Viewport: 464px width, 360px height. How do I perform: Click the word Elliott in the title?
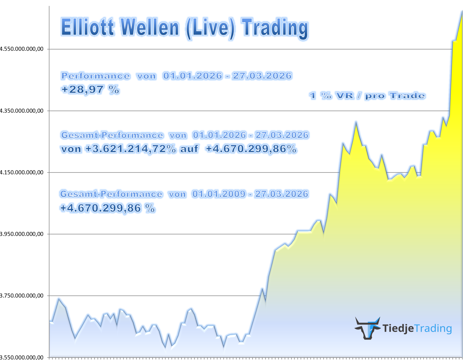click(88, 27)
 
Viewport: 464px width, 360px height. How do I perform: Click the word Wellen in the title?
click(150, 27)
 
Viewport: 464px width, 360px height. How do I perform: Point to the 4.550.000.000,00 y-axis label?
click(22, 49)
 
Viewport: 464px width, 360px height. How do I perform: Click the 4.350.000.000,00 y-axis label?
click(22, 111)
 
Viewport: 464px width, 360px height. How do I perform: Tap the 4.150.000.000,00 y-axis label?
click(22, 172)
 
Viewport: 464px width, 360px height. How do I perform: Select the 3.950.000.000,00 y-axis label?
click(22, 234)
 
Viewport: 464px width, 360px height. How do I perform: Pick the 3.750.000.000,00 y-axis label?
click(22, 295)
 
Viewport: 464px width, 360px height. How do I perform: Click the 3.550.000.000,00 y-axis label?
click(22, 357)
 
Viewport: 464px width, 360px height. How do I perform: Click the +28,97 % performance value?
click(90, 89)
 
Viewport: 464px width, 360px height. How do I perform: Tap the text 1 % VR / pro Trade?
click(367, 96)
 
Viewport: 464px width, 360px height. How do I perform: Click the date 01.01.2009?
click(219, 194)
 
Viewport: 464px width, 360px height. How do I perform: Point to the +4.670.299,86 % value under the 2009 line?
click(107, 208)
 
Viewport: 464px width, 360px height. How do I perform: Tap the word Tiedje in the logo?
click(398, 328)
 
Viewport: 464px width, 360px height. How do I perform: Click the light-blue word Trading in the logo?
click(433, 328)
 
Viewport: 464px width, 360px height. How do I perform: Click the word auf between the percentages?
click(189, 149)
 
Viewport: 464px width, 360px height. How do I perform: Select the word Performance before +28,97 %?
click(96, 76)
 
